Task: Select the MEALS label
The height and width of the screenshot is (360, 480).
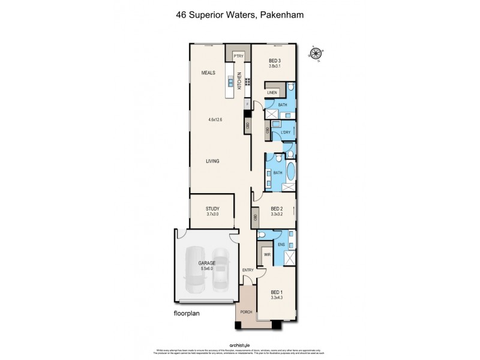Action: (x=208, y=73)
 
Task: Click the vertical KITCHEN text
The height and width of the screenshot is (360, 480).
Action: (x=239, y=81)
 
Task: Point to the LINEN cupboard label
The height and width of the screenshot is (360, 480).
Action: (x=272, y=92)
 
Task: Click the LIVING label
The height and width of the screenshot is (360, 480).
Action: (x=212, y=161)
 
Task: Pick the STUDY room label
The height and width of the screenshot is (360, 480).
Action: (x=212, y=208)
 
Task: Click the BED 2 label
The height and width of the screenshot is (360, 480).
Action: (x=276, y=208)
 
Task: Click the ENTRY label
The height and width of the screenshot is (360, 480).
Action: (x=248, y=270)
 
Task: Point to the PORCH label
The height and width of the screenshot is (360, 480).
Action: (x=246, y=311)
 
